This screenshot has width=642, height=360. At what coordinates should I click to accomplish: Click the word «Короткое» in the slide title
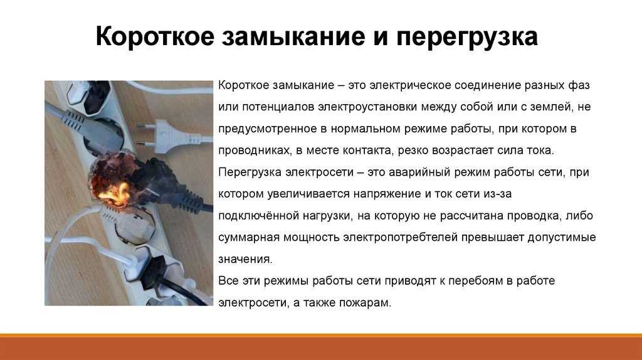155,36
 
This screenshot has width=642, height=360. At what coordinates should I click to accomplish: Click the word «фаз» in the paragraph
579,85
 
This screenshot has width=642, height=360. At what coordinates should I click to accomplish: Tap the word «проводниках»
253,151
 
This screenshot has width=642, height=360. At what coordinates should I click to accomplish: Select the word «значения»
245,259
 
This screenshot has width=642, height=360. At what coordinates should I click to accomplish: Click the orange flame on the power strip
115,193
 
